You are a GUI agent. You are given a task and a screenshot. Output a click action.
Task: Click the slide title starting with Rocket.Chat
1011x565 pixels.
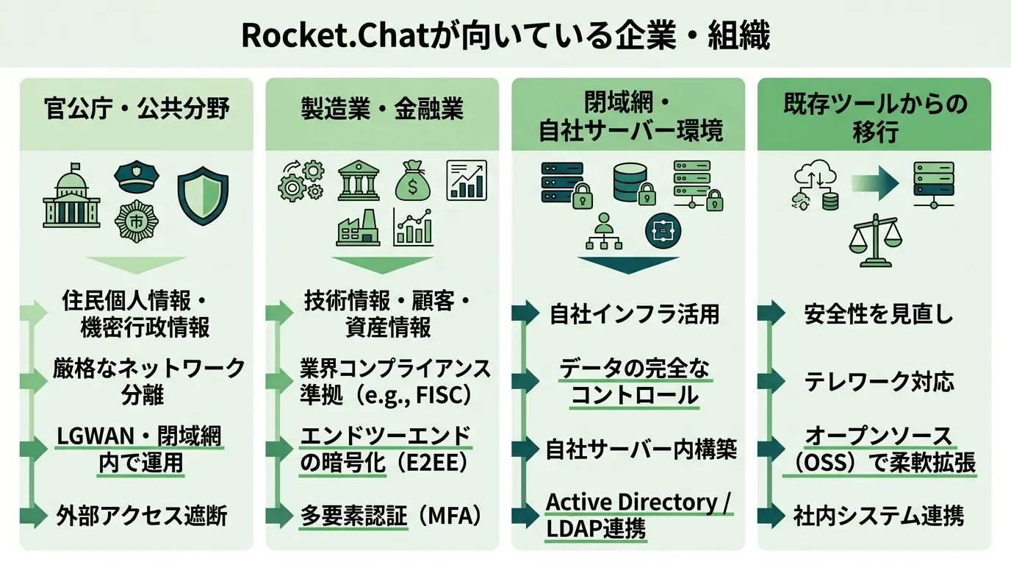click(x=505, y=35)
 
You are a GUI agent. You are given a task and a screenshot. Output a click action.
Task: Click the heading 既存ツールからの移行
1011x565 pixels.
click(x=874, y=119)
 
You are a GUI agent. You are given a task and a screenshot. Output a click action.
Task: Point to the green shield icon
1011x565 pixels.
click(x=204, y=195)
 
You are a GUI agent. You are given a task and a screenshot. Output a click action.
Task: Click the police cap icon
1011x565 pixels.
click(x=136, y=177)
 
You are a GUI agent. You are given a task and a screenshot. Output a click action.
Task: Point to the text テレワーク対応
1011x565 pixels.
click(x=879, y=382)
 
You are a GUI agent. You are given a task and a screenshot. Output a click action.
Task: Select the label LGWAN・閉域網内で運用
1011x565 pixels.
click(x=140, y=449)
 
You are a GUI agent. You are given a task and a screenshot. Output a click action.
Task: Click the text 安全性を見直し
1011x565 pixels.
click(x=878, y=314)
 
